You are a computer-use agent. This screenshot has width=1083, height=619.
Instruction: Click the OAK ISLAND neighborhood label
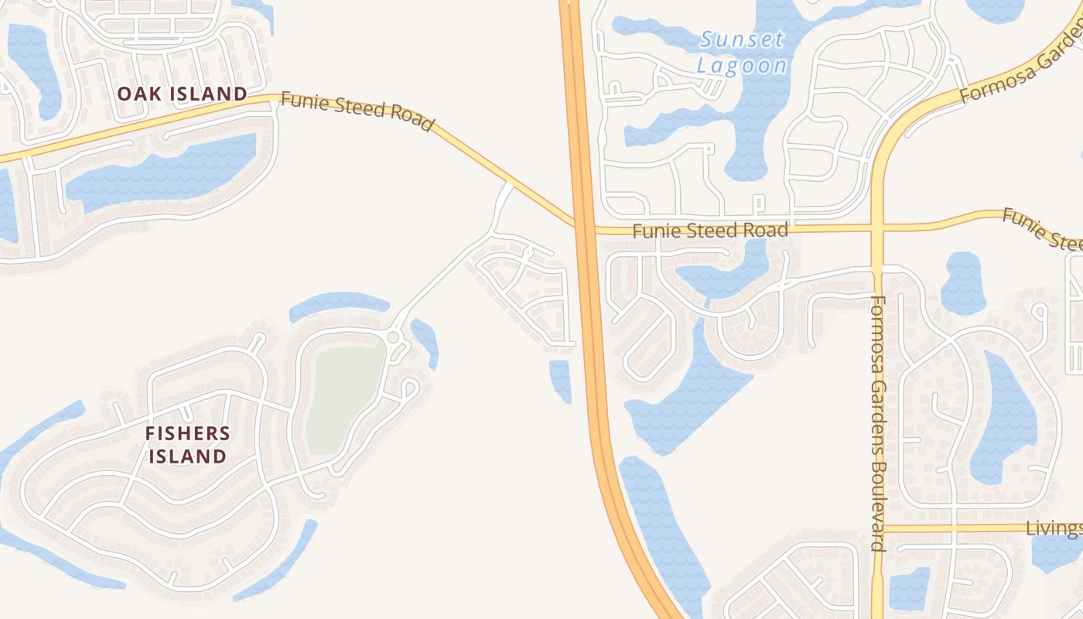tap(183, 94)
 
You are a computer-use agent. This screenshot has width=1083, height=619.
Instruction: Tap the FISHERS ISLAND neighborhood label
tap(187, 444)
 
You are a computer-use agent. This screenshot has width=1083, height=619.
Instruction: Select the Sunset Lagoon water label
tap(742, 52)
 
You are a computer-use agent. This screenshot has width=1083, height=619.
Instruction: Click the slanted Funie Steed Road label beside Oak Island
tap(357, 111)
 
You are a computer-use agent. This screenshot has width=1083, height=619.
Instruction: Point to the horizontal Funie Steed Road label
tap(710, 230)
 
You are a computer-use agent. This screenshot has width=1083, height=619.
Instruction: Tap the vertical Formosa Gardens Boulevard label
tap(877, 422)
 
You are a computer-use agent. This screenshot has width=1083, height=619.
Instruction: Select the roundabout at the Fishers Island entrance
tap(393, 337)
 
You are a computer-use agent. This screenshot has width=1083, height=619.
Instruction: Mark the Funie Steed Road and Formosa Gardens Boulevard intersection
tap(877, 227)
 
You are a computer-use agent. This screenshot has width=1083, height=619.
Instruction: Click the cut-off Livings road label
tap(1054, 528)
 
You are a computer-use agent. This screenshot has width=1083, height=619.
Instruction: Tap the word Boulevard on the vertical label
tap(877, 508)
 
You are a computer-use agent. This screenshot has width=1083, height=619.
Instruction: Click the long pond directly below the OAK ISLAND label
tap(162, 174)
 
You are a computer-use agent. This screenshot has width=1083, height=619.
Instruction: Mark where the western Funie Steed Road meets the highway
tap(577, 224)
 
